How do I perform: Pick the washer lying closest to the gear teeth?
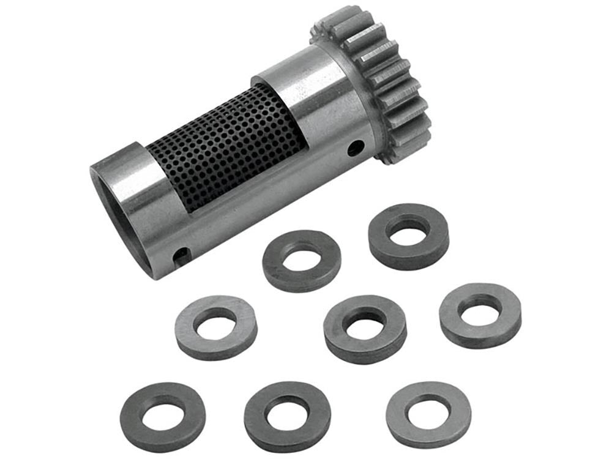click(x=408, y=235)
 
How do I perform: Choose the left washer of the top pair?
click(x=301, y=259)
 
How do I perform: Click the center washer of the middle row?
click(x=365, y=327)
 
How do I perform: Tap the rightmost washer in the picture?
click(x=480, y=313)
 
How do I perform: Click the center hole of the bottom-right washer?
click(x=428, y=409)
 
